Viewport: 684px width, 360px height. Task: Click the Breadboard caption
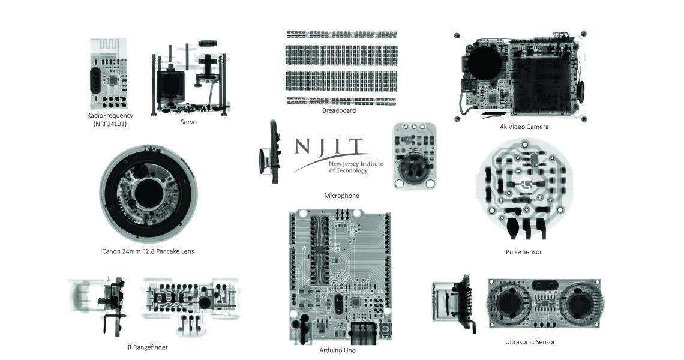click(x=339, y=110)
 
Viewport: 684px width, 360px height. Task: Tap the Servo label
click(x=188, y=122)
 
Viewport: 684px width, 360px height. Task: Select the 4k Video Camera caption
click(x=524, y=127)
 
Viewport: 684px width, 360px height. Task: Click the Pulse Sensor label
click(x=523, y=252)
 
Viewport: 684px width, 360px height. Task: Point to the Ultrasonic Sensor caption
click(x=530, y=342)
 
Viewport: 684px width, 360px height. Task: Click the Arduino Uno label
click(x=337, y=350)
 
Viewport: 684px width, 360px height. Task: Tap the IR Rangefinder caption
click(x=146, y=347)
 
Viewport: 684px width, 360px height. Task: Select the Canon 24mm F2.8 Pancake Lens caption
click(x=148, y=251)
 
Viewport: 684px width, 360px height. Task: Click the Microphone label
click(x=341, y=196)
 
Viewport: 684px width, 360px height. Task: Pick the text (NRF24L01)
click(x=110, y=124)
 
